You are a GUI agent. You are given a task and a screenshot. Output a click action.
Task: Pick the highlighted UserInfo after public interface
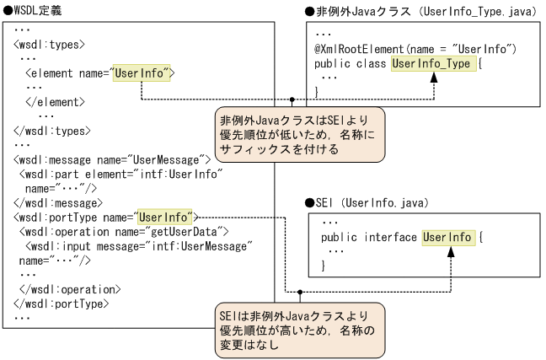click(x=447, y=237)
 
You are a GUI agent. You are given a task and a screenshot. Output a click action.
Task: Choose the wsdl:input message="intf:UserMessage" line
click(x=135, y=245)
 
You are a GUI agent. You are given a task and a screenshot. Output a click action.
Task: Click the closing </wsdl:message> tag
click(x=57, y=202)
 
